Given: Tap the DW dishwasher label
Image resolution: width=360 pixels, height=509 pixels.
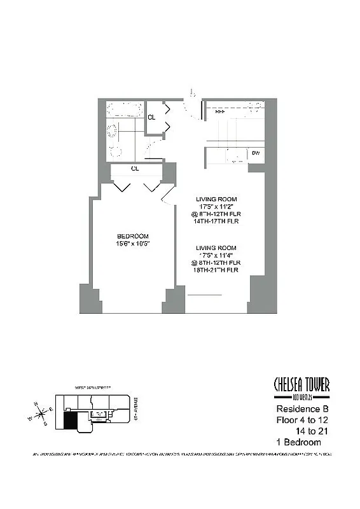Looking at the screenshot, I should pyautogui.click(x=256, y=153).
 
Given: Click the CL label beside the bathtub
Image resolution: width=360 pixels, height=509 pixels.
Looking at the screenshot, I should pyautogui.click(x=151, y=117).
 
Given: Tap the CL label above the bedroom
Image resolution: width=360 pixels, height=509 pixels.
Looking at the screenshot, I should pyautogui.click(x=135, y=169).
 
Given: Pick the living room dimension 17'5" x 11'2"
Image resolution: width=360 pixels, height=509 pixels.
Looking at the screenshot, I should pyautogui.click(x=217, y=207).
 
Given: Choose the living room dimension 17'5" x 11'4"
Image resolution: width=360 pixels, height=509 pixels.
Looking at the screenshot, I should pyautogui.click(x=217, y=256).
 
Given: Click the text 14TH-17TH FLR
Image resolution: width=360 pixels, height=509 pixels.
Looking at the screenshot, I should pyautogui.click(x=217, y=223).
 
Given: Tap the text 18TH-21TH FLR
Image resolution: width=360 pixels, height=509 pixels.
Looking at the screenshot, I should pyautogui.click(x=217, y=271).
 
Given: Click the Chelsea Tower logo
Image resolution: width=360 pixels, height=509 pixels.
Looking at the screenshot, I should pyautogui.click(x=301, y=387).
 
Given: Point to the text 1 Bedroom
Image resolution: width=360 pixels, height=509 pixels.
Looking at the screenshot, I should pyautogui.click(x=298, y=442).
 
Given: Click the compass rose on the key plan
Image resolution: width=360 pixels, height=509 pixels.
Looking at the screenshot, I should pyautogui.click(x=41, y=414).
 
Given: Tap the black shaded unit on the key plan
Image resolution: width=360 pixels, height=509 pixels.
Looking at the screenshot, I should pyautogui.click(x=72, y=420).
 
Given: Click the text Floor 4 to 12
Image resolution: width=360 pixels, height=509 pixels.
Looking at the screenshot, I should pyautogui.click(x=303, y=420).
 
